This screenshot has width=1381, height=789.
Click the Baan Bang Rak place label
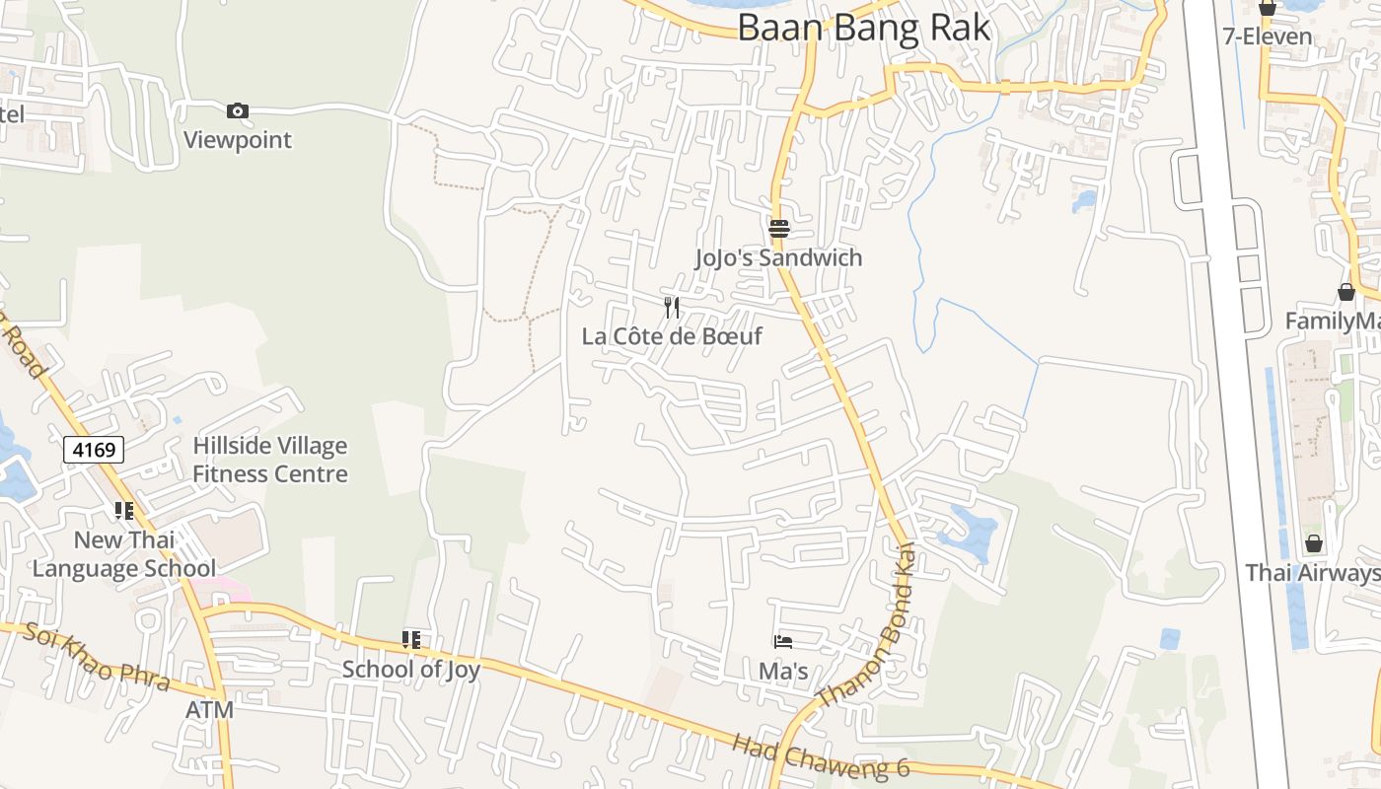tap(863, 28)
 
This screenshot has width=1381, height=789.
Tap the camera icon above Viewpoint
tap(238, 110)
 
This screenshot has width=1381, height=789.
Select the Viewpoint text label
tap(238, 140)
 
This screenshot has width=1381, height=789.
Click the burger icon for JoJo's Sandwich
tap(779, 229)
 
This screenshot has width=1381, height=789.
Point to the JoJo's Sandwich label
tap(778, 258)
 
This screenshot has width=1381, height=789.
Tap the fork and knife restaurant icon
tap(672, 307)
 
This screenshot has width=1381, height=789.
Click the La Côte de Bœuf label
tap(672, 336)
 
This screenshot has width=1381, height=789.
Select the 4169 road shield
tap(95, 451)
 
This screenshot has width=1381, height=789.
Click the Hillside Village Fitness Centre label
tap(269, 460)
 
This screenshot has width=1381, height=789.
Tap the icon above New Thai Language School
tap(123, 510)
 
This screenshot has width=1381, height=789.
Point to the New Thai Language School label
tap(124, 554)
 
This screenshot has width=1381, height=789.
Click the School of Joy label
tap(410, 670)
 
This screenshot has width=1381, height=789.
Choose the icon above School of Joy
tap(411, 640)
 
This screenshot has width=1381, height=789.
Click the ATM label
tap(210, 710)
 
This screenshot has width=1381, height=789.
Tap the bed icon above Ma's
tap(783, 642)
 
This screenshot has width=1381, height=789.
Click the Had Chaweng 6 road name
tap(806, 758)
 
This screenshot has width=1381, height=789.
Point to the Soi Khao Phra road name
tap(97, 657)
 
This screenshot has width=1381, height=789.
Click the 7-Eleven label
tap(1267, 37)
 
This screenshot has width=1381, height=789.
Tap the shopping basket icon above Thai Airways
tap(1313, 543)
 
